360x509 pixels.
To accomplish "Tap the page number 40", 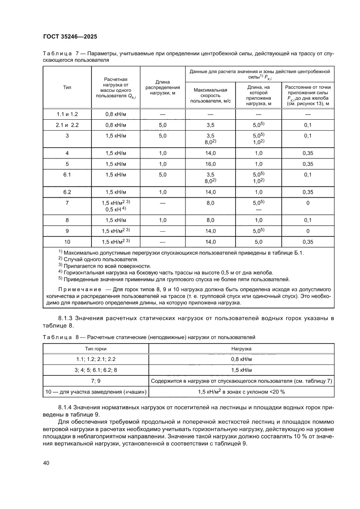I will click(x=47, y=462).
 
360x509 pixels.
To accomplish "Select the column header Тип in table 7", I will click(x=67, y=87).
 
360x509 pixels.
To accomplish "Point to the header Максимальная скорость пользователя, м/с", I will click(x=210, y=96).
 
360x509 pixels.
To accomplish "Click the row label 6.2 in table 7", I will click(x=67, y=192).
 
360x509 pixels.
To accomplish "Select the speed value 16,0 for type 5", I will click(x=210, y=164).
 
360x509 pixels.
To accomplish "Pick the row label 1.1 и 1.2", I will click(x=67, y=114).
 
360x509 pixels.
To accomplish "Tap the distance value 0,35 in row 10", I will click(x=308, y=241).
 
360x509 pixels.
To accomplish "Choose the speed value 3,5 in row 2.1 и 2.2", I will click(x=210, y=125).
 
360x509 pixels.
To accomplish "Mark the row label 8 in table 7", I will click(x=67, y=220).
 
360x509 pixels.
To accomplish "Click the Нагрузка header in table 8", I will click(x=242, y=349).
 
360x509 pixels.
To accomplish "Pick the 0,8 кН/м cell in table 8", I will click(x=242, y=359).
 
